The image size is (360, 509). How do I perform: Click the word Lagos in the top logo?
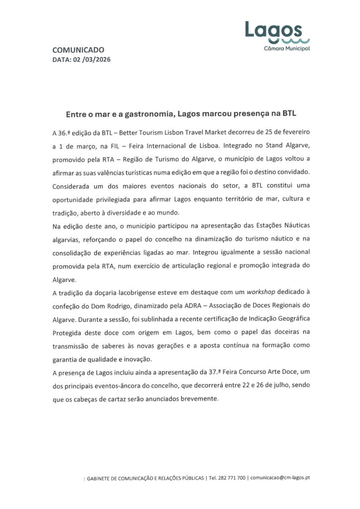click(x=273, y=31)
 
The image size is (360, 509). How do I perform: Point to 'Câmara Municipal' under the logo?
click(x=287, y=49)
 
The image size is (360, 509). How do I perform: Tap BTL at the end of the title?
click(x=289, y=113)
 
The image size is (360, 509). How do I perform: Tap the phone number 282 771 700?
click(x=233, y=478)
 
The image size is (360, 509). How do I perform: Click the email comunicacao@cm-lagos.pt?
click(x=281, y=478)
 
